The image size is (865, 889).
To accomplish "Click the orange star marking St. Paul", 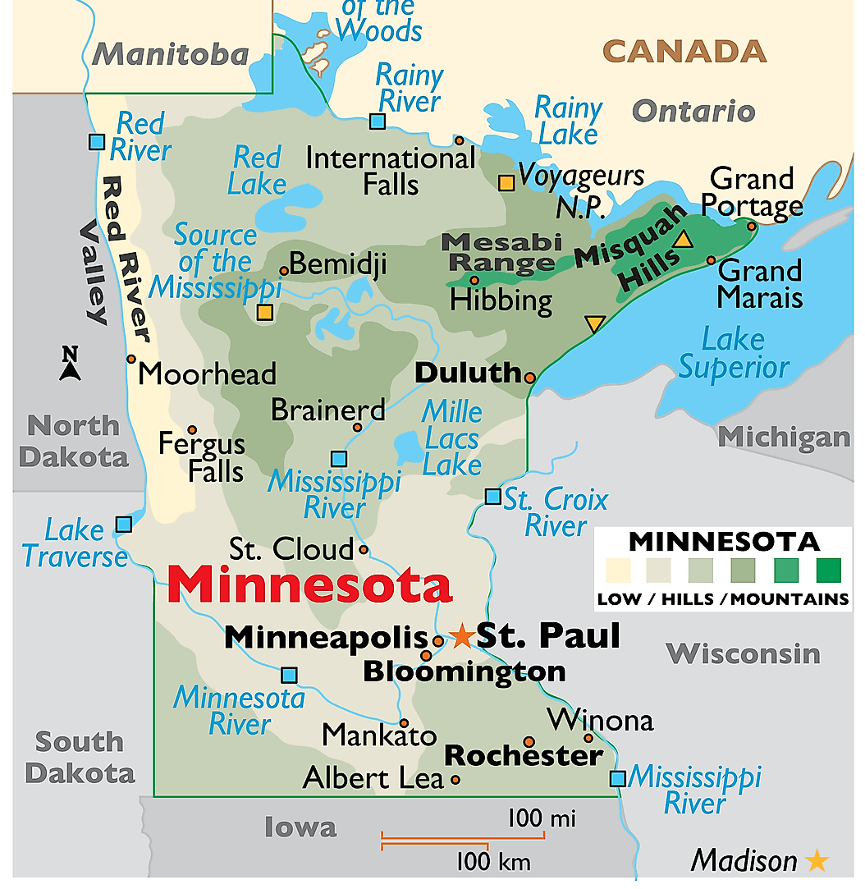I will pos(462,635).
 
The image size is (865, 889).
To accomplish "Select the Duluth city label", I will pos(468,373).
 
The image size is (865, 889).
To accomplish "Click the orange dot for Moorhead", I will pos(131,359).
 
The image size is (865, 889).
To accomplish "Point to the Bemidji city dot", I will pos(284,270).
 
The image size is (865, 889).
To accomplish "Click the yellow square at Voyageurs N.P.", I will pos(507,183).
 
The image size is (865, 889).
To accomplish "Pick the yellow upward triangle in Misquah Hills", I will pos(683,240).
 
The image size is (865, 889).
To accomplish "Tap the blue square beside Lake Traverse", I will pos(124,523).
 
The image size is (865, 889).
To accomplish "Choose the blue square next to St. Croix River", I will pos(492,497).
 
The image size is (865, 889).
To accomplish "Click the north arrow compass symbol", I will pos(71,364).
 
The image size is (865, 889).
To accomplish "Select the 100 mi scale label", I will pos(541,818).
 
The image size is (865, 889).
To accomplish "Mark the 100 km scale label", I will pos(493,862).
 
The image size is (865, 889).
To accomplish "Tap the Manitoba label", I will pos(170,54).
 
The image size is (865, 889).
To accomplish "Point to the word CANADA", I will pos(684,51).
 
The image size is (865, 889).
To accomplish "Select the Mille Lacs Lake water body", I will pos(408,448).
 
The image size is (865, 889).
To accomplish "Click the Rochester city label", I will pos(524,756).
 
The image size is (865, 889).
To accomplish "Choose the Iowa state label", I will pos(300,827).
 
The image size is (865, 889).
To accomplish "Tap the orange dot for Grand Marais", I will pos(712,260).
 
